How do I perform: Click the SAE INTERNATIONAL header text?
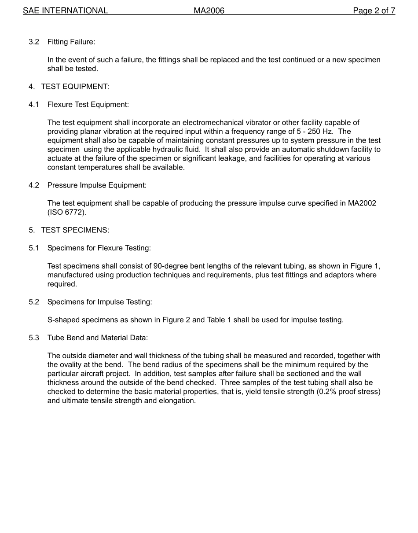[65, 11]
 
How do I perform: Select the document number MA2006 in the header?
[209, 11]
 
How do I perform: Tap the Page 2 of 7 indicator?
[374, 11]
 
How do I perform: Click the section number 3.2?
[34, 42]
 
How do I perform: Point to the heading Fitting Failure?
[71, 42]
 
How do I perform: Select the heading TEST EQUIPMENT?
[75, 87]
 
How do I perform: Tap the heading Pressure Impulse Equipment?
[97, 185]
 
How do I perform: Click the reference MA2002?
[362, 203]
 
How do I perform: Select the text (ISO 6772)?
[67, 212]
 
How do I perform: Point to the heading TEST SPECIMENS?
[75, 230]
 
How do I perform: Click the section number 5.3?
[34, 338]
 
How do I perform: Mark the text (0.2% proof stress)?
[348, 392]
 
